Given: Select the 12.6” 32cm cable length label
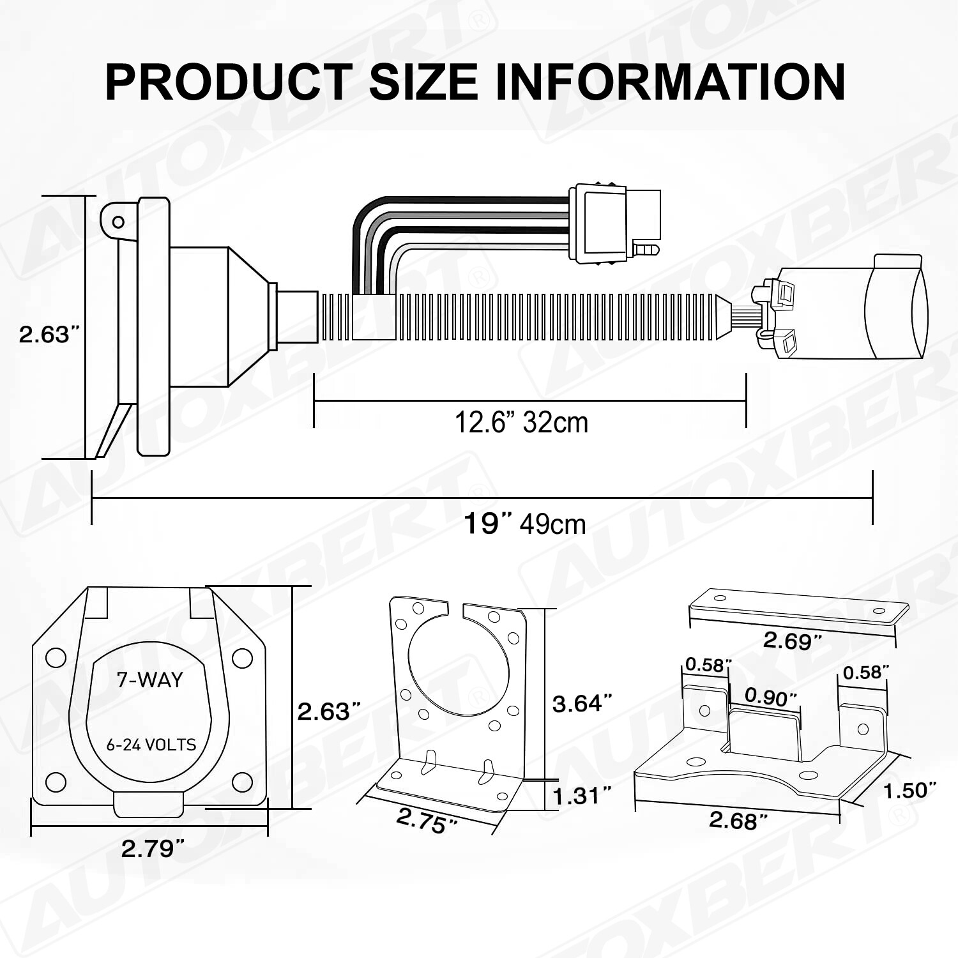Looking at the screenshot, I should tap(521, 422).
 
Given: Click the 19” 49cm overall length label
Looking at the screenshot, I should tap(524, 524).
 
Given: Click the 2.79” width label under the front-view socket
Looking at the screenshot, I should tap(153, 848).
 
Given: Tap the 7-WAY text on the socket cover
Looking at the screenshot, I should tap(149, 680).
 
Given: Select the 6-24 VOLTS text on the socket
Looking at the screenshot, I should tap(151, 745).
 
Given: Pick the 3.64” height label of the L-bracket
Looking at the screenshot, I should tap(582, 703).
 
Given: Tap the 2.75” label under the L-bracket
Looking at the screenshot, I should tap(426, 821).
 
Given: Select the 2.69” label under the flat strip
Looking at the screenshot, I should tap(792, 640).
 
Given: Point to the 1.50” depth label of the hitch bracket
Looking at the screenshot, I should tap(909, 790).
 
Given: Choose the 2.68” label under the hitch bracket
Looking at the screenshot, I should tap(738, 820).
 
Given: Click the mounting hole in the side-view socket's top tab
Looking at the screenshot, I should tap(118, 222).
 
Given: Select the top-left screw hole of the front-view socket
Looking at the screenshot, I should tap(56, 658).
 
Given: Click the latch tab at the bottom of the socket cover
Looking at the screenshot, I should tap(148, 803).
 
